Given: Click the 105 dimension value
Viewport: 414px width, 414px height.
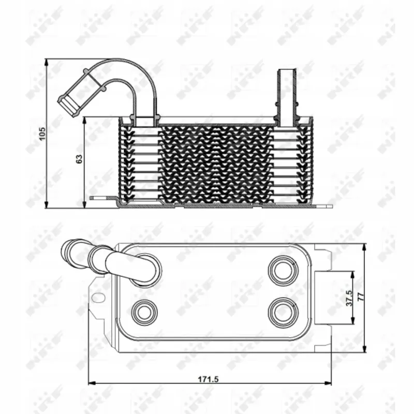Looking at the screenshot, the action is pyautogui.click(x=42, y=134).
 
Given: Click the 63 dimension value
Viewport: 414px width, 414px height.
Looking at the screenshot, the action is pyautogui.click(x=79, y=158).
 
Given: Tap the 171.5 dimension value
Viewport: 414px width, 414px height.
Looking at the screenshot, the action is pyautogui.click(x=209, y=379).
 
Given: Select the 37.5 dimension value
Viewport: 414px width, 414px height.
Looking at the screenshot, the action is pyautogui.click(x=349, y=298).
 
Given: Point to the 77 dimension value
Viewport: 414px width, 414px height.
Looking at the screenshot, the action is pyautogui.click(x=360, y=297).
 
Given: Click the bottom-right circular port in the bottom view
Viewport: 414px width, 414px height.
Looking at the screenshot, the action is pyautogui.click(x=283, y=312).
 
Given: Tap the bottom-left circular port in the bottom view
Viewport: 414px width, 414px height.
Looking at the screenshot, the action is pyautogui.click(x=144, y=313).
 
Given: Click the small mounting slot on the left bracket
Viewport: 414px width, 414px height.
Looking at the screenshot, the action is pyautogui.click(x=98, y=297).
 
